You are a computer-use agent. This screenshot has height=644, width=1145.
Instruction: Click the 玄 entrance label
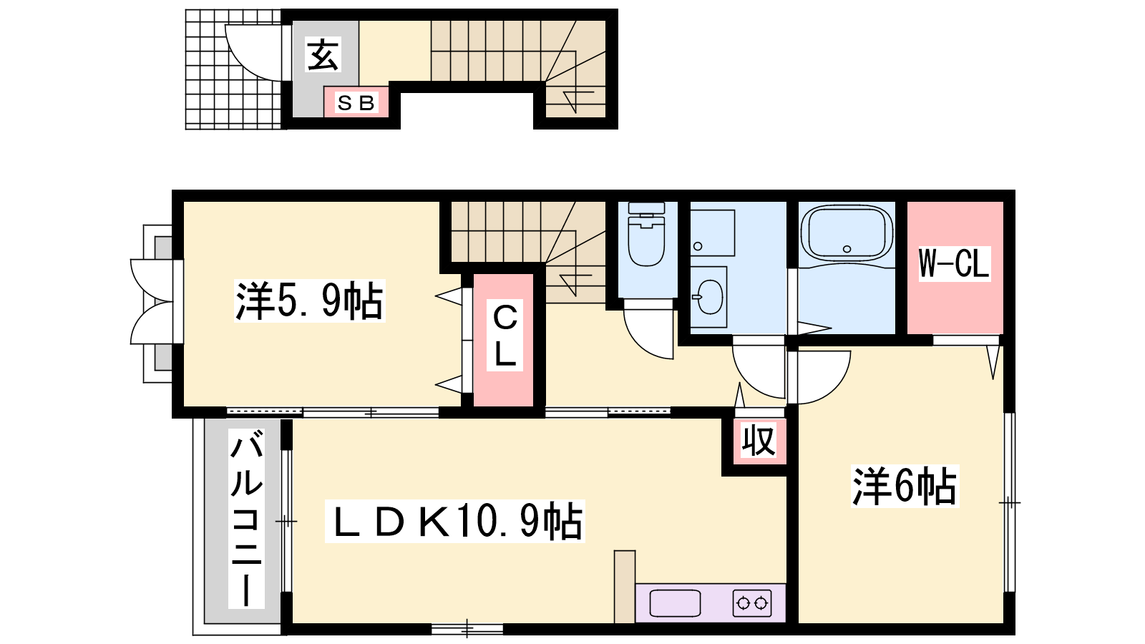pyautogui.click(x=323, y=54)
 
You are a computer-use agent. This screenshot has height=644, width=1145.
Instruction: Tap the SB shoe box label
pyautogui.click(x=356, y=103)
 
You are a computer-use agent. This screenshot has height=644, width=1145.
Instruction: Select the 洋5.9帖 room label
pyautogui.click(x=309, y=301)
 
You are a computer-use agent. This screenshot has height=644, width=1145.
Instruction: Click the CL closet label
pyautogui.click(x=505, y=336)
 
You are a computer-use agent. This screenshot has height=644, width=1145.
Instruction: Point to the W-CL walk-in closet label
pyautogui.click(x=954, y=264)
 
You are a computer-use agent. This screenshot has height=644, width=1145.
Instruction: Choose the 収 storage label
pyautogui.click(x=759, y=441)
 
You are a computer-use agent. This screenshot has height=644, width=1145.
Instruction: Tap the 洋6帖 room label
pyautogui.click(x=905, y=486)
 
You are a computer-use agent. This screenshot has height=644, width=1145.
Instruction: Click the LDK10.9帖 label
pyautogui.click(x=455, y=522)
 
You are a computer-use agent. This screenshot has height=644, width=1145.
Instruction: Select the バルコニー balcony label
pyautogui.click(x=246, y=519)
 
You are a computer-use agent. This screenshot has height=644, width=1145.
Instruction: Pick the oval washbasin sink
pyautogui.click(x=710, y=297)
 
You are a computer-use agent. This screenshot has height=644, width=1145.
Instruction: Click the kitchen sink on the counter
pyautogui.click(x=675, y=603)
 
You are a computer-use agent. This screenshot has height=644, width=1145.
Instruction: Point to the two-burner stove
pyautogui.click(x=752, y=603)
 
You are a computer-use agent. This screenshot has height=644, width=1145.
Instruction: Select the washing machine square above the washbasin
pyautogui.click(x=712, y=233)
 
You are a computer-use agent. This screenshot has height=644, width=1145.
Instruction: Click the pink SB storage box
pyautogui.click(x=356, y=102)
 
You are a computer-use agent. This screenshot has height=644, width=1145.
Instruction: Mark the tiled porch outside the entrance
pyautogui.click(x=233, y=69)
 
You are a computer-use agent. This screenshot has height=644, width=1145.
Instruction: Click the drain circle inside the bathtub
pyautogui.click(x=847, y=249)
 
